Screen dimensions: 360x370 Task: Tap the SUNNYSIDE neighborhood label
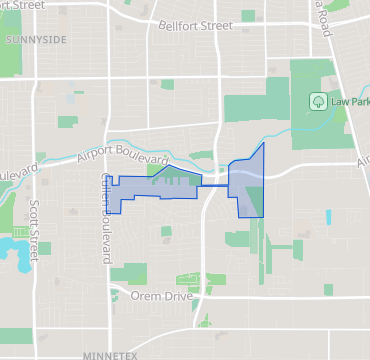[x=35, y=39]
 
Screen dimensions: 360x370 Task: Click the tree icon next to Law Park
[x=318, y=101]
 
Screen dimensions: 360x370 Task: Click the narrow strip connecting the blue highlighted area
[x=214, y=185]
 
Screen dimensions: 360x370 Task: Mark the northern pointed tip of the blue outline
[x=264, y=143]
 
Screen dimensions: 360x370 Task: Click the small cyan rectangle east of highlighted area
[x=328, y=216]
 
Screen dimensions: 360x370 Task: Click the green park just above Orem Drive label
[x=130, y=273]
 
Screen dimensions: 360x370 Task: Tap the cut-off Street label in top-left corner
[x=22, y=4]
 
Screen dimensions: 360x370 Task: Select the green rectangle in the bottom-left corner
[x=16, y=336]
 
